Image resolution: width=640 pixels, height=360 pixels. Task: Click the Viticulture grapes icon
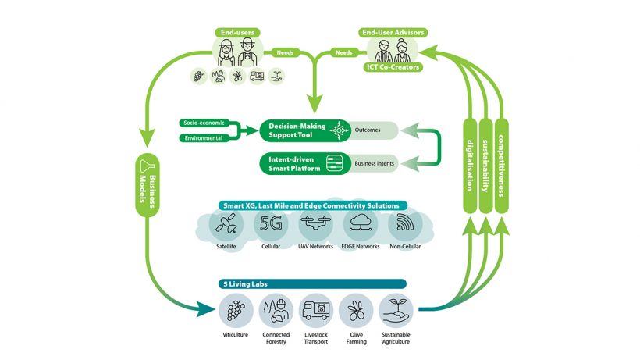tap(233, 311)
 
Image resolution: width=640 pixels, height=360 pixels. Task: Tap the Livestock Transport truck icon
tap(318, 311)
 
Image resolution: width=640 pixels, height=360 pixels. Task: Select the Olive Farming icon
tap(357, 311)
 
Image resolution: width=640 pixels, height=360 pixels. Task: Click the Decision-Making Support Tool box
tap(297, 130)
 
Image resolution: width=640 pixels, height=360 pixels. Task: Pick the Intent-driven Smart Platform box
tap(297, 162)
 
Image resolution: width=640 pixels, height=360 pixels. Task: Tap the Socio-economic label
tap(201, 123)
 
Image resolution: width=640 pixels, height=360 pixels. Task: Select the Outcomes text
tap(368, 130)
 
